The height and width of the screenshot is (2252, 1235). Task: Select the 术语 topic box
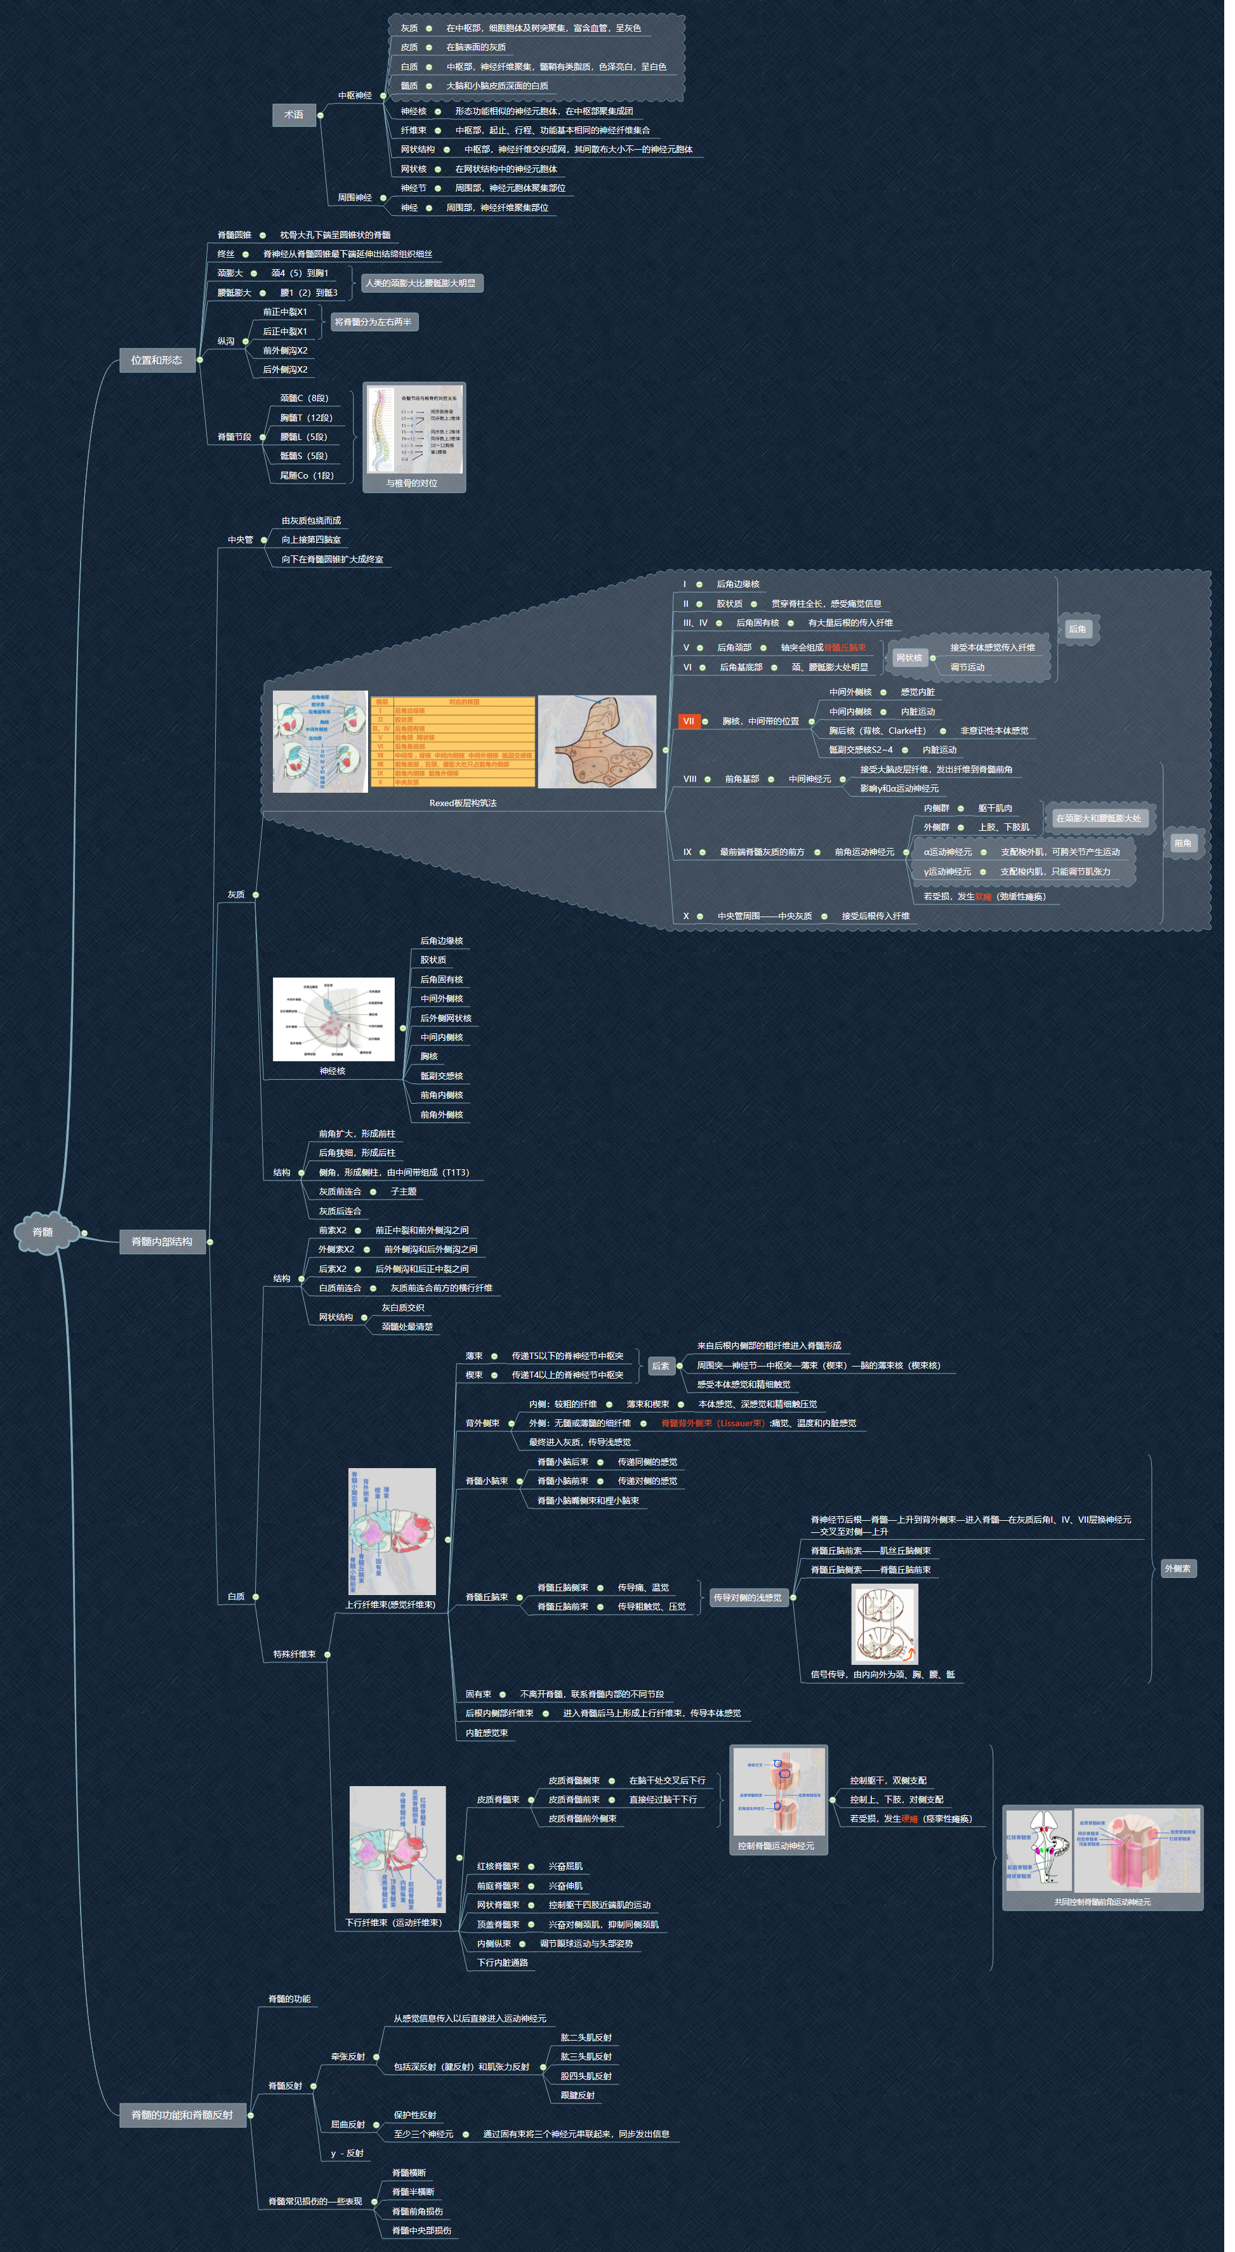click(x=294, y=114)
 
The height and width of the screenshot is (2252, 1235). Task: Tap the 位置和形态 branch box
click(x=157, y=360)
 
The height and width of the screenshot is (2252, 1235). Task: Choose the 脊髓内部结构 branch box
click(x=162, y=1242)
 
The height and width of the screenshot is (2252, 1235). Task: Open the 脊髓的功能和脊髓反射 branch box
click(x=183, y=2115)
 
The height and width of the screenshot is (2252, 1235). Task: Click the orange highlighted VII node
click(x=689, y=721)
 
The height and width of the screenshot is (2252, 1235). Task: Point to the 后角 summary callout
click(x=1078, y=630)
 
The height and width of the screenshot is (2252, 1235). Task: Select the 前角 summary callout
click(x=1182, y=844)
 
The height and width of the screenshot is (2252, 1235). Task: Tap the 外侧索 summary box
click(x=1177, y=1568)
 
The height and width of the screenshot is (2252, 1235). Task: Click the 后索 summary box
click(x=661, y=1365)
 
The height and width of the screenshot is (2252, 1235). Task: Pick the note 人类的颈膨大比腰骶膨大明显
click(x=421, y=283)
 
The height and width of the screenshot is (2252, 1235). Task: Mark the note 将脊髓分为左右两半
click(x=373, y=322)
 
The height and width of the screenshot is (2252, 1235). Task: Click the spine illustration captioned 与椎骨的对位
click(x=414, y=432)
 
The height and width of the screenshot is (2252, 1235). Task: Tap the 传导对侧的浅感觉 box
click(x=748, y=1597)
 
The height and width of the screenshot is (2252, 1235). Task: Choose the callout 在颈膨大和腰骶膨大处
click(x=1099, y=818)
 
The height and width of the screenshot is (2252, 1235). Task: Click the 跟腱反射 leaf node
click(x=578, y=2095)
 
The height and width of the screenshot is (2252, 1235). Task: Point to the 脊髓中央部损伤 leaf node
click(x=422, y=2230)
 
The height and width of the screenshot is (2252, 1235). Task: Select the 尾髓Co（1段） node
click(x=307, y=475)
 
